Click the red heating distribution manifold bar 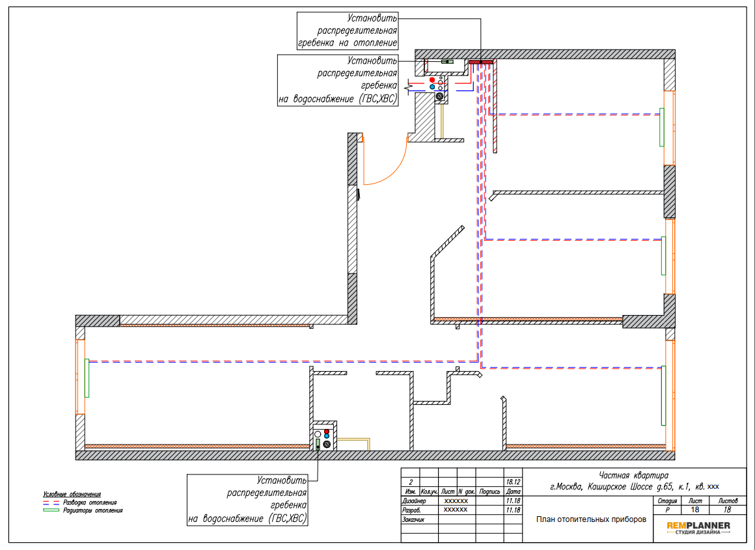click(481, 62)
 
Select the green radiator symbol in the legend click(51, 510)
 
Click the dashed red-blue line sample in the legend click(51, 502)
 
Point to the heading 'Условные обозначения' click(72, 494)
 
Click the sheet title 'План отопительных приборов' click(591, 519)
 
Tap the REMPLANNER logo click(698, 527)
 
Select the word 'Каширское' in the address click(607, 486)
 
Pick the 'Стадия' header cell click(667, 501)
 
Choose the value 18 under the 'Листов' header click(727, 510)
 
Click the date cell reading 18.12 click(514, 482)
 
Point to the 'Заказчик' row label click(413, 519)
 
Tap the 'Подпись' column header click(489, 491)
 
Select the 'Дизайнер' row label click(414, 501)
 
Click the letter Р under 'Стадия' click(667, 510)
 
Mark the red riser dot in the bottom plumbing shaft click(327, 432)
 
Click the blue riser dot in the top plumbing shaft click(432, 87)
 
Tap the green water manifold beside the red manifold click(448, 62)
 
